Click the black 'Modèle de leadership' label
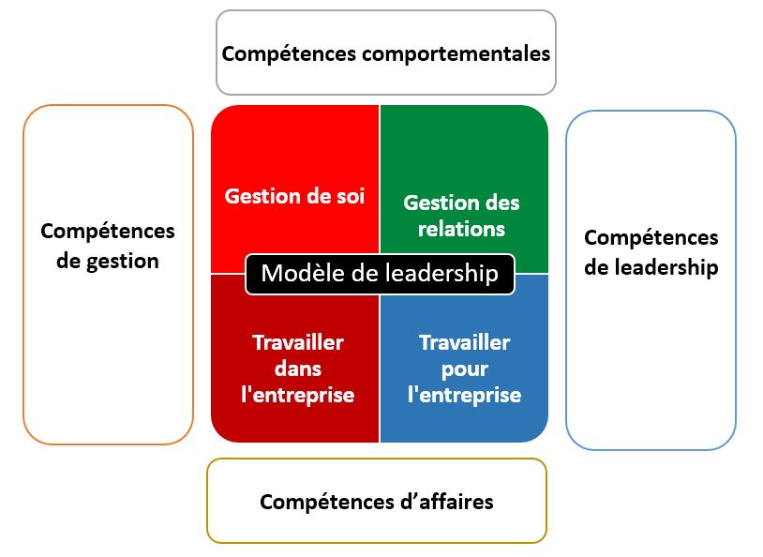[380, 274]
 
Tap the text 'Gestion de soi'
[294, 196]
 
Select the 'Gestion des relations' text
[461, 216]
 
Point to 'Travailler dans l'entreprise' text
[298, 369]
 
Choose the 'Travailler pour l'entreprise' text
[465, 369]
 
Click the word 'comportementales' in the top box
[456, 54]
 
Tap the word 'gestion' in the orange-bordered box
[123, 262]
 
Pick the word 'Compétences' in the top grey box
[289, 53]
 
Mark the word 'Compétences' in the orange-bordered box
[108, 231]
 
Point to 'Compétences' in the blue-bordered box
[651, 237]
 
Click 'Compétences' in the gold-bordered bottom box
[327, 502]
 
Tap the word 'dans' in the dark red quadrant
[298, 369]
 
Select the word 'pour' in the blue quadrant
[465, 370]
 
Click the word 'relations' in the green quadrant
[461, 229]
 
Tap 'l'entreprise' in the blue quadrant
[465, 396]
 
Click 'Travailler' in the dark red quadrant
[298, 342]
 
